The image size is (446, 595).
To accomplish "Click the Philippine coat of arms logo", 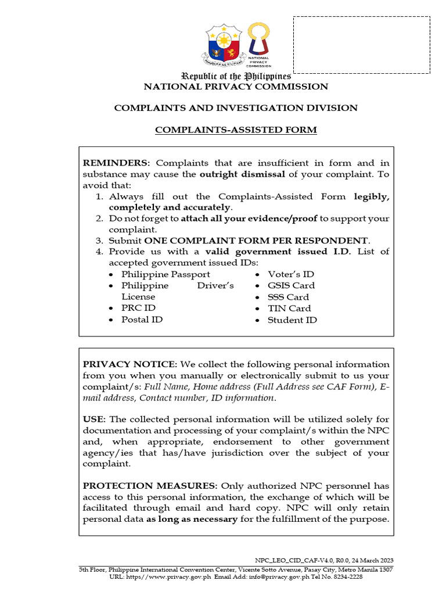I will point(223,45).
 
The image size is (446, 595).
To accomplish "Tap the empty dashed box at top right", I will point(361,45).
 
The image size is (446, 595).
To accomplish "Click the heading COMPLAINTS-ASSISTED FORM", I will point(236,130).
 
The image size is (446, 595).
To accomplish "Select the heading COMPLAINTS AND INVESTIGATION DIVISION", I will point(236,108).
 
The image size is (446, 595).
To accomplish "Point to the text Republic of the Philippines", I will point(236,76).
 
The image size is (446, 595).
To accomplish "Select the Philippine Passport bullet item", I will point(166,274).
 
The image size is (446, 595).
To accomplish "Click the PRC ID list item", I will point(138,308).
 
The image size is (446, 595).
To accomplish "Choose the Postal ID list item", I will point(142,320).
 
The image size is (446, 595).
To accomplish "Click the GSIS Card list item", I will point(291,285).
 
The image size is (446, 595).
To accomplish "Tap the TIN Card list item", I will point(289,309).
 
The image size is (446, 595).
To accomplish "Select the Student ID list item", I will point(292,320).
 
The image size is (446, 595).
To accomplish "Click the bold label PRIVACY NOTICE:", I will point(130,364).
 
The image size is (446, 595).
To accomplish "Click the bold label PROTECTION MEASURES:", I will point(150,486).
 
